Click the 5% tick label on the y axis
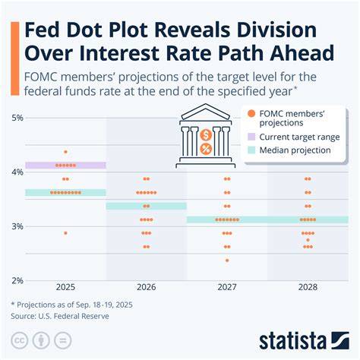coord(17,118)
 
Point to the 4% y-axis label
coord(17,172)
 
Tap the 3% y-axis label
coord(17,226)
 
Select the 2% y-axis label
coord(17,280)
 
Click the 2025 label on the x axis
coord(65,289)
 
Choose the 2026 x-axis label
coord(146,289)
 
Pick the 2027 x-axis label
coord(226,289)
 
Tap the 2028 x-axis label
coord(307,289)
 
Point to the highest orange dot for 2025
coord(65,152)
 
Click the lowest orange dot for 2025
coord(65,233)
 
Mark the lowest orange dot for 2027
coord(226,261)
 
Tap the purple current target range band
coord(65,165)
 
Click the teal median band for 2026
coord(146,206)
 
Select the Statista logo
coord(304,338)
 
